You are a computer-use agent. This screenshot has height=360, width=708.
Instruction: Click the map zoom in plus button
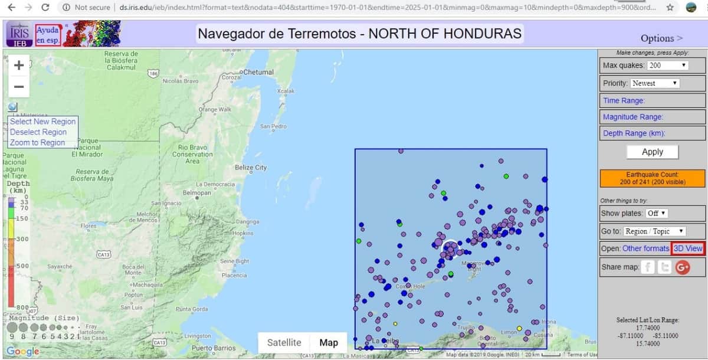coord(19,65)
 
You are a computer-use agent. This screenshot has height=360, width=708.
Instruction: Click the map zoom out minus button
coord(19,87)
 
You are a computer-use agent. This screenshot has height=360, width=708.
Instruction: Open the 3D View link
coord(688,248)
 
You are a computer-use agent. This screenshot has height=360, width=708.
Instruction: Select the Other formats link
coord(645,248)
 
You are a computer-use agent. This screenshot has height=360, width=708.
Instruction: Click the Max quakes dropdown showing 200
coord(668,66)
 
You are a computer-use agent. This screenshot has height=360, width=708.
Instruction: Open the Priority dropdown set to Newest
coord(655,83)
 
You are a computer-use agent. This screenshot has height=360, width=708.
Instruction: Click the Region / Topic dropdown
coord(654,231)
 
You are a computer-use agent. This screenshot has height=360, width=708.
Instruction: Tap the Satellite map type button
coord(284,342)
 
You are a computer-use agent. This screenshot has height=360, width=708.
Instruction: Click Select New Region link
coord(42,122)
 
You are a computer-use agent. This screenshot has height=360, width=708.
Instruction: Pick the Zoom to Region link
coord(37,143)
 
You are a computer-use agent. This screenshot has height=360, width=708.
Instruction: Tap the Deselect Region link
coord(38,132)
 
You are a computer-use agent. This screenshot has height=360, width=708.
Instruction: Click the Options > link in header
coord(661,38)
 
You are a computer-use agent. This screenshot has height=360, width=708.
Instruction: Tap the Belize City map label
coord(251,168)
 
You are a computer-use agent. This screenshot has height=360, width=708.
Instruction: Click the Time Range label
coord(624,100)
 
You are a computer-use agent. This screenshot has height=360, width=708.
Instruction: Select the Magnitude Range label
coord(632,117)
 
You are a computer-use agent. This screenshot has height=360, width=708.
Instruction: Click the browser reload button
coord(45,8)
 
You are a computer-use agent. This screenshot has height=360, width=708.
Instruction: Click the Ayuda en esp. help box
coord(47,34)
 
